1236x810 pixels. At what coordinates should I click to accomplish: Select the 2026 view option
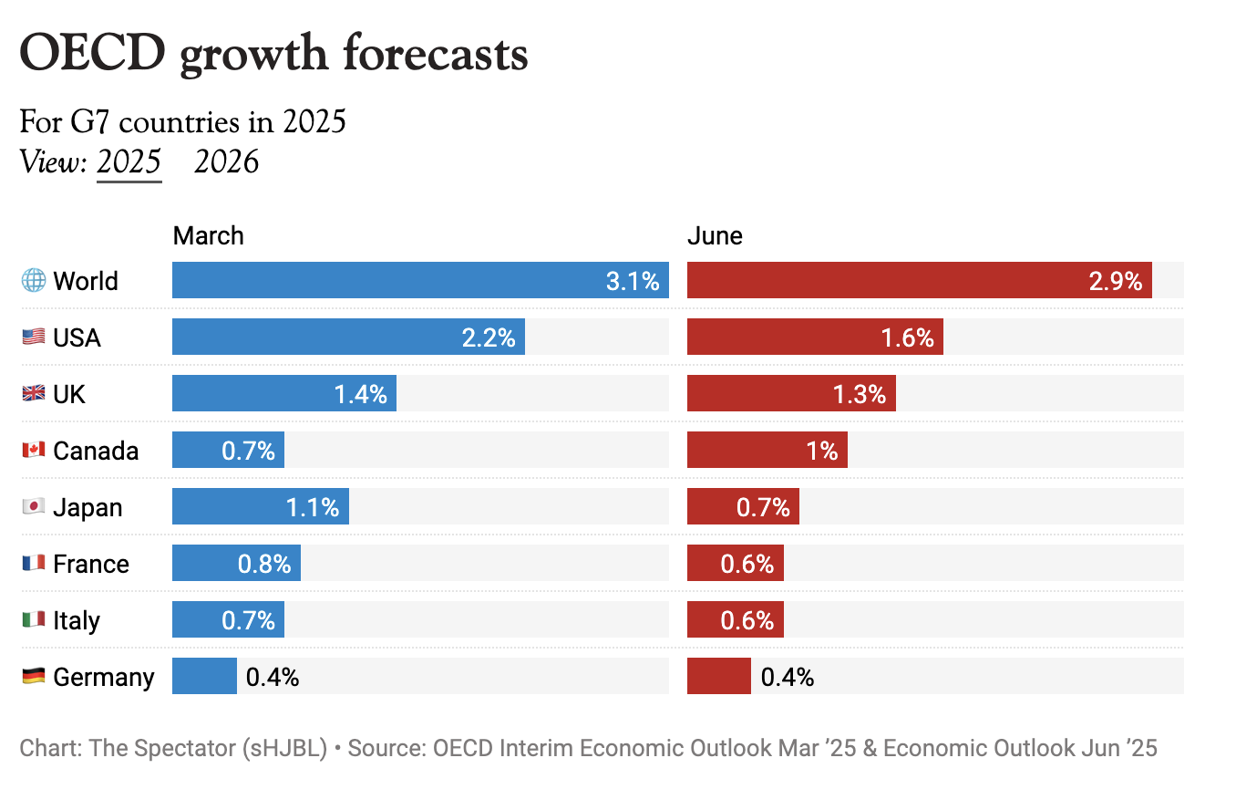click(x=227, y=162)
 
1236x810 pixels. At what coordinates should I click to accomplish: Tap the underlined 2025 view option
click(x=129, y=162)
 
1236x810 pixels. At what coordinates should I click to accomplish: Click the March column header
click(x=209, y=236)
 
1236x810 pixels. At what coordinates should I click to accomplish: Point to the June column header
click(x=715, y=236)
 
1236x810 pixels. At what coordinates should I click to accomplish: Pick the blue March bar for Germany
click(x=204, y=677)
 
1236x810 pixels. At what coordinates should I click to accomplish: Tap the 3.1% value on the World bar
click(x=633, y=281)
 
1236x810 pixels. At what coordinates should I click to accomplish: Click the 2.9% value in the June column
click(x=1116, y=281)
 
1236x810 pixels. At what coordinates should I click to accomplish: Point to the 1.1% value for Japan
click(x=313, y=507)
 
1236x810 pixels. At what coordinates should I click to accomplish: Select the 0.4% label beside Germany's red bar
click(x=787, y=677)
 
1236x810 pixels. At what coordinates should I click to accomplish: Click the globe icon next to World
click(x=34, y=281)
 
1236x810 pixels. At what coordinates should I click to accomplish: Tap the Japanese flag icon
click(x=34, y=507)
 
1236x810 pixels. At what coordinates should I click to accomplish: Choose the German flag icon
click(x=34, y=677)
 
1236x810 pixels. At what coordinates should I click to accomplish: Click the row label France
click(x=91, y=564)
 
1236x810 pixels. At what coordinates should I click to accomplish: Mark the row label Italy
click(x=76, y=620)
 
